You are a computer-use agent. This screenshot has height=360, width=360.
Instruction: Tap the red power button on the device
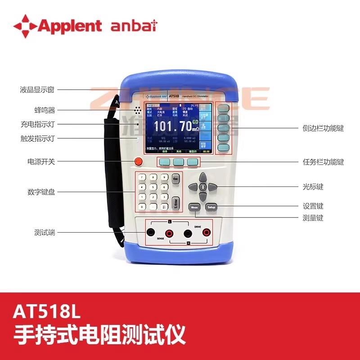coord(138,162)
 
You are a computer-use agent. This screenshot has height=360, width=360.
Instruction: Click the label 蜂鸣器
coord(44,110)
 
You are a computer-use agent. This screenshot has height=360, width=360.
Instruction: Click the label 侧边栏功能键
coord(323,128)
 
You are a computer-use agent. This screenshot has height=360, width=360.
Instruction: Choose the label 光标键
coord(313,186)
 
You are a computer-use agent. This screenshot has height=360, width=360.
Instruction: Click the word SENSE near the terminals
coord(161,239)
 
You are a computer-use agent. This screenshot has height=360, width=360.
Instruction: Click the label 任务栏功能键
coord(323,162)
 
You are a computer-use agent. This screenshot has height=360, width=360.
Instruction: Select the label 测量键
coord(313,218)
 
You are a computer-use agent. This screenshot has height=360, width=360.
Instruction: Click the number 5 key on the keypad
coord(154,187)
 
